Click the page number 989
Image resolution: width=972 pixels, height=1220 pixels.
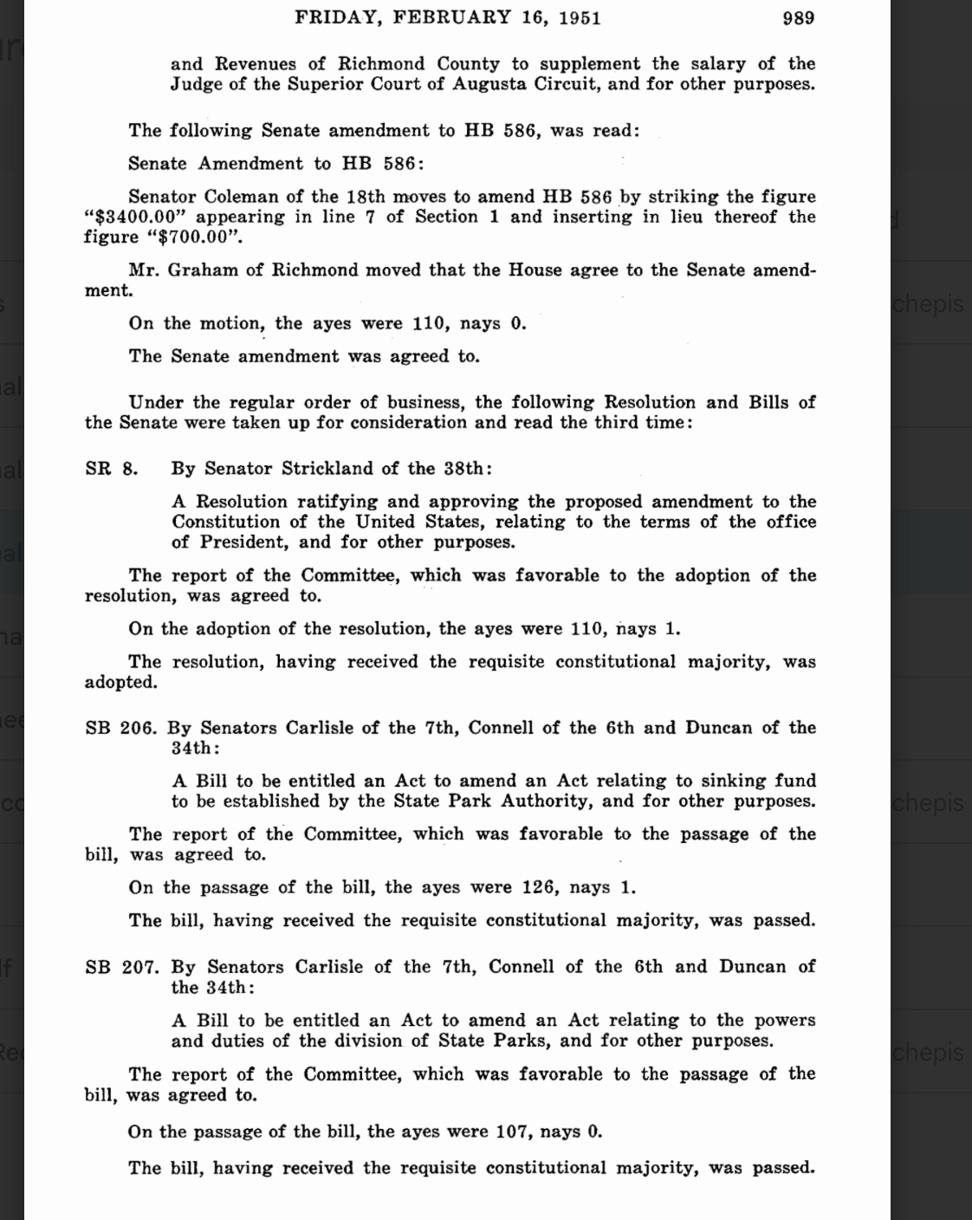pos(798,17)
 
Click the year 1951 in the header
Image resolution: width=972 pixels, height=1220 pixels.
pos(580,17)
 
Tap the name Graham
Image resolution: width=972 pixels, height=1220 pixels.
pos(203,269)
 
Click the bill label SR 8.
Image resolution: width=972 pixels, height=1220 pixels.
pos(111,469)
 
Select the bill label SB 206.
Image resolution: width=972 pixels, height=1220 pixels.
pos(120,728)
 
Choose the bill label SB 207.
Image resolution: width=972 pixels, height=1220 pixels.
pos(121,967)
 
